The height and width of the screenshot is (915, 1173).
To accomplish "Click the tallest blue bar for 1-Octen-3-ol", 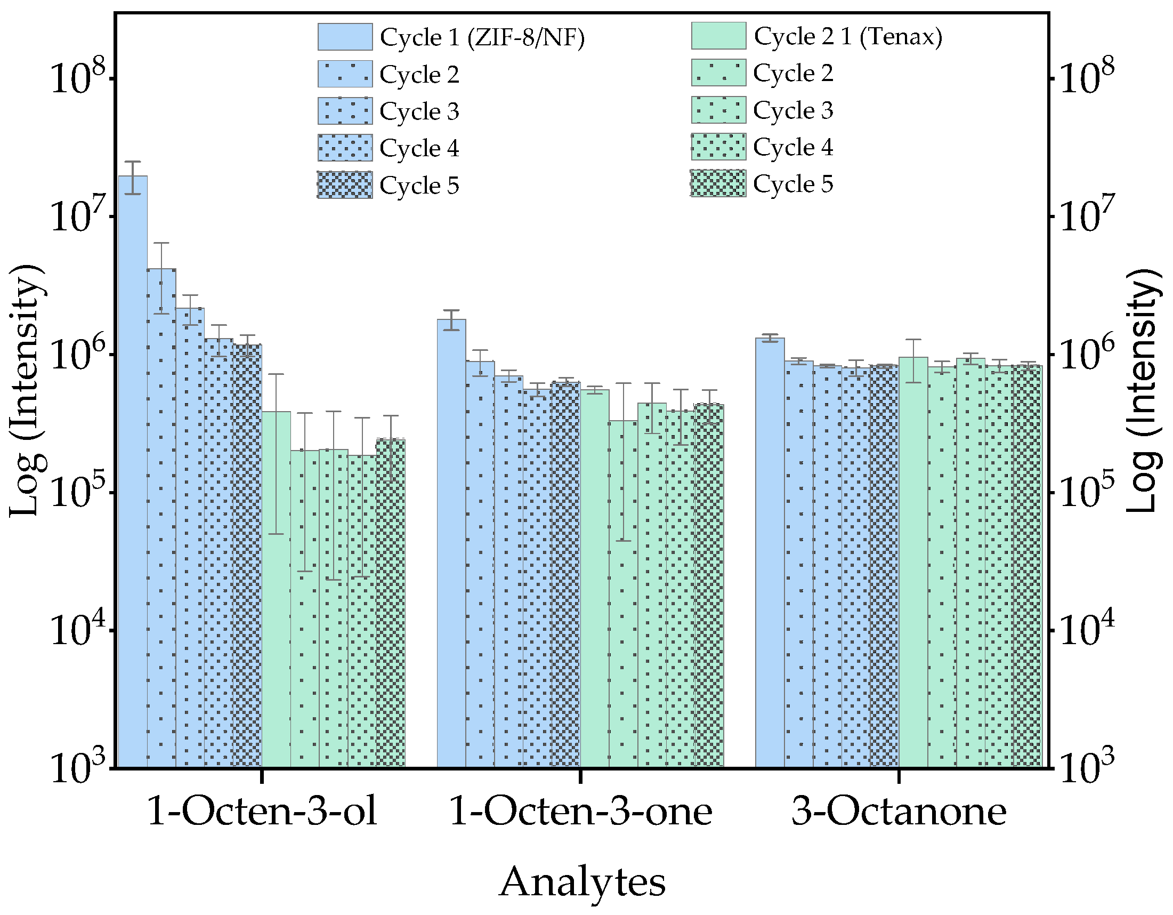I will pyautogui.click(x=133, y=473).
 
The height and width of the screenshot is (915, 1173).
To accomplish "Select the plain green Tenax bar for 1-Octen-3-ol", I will pyautogui.click(x=276, y=591).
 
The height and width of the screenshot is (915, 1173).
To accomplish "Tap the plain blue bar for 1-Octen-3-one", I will pyautogui.click(x=451, y=543).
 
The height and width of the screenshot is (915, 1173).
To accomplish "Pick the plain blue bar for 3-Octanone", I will pyautogui.click(x=770, y=553).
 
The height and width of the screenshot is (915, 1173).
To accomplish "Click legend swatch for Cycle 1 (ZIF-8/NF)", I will pyautogui.click(x=345, y=37).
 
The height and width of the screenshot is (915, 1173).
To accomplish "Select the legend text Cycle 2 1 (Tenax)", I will pyautogui.click(x=847, y=37).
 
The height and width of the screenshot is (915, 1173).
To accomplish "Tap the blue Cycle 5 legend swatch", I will pyautogui.click(x=345, y=186).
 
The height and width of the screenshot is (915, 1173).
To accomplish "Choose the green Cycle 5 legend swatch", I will pyautogui.click(x=718, y=184).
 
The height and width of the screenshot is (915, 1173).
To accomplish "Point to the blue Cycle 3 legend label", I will pyautogui.click(x=419, y=111).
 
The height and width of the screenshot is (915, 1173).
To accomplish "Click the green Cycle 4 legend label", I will pyautogui.click(x=792, y=147).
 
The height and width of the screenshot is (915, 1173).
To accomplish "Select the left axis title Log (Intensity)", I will pyautogui.click(x=26, y=391).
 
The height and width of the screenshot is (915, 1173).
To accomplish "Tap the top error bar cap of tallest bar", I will pyautogui.click(x=133, y=162).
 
